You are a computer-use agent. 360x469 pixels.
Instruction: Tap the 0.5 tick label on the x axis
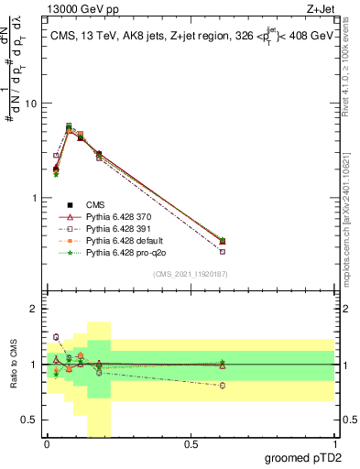click(x=191, y=444)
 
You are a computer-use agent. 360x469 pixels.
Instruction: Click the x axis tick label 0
click(x=47, y=444)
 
